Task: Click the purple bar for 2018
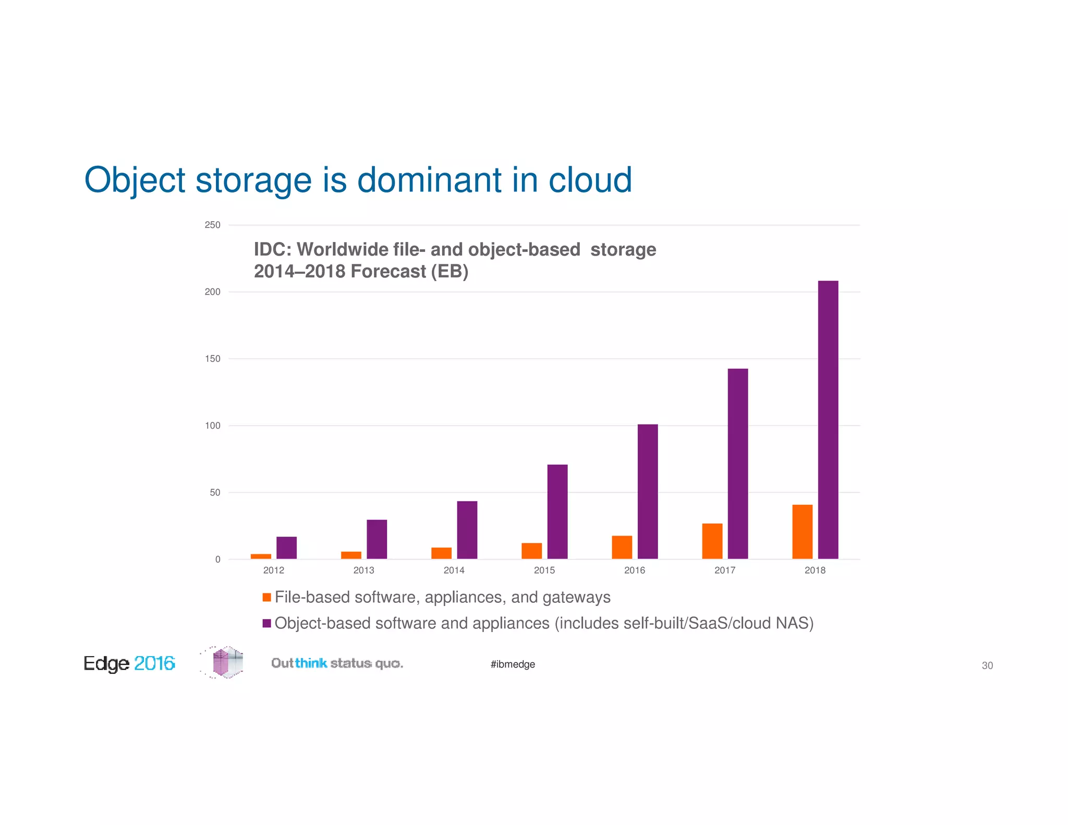828,420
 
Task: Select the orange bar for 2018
802,531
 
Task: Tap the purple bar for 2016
647,491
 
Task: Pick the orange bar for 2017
712,541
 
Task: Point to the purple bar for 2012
286,548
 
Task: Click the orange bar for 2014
441,553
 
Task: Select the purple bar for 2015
557,511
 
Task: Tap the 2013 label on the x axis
363,570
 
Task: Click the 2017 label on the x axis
724,570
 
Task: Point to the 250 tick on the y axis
212,225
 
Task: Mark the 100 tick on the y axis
212,426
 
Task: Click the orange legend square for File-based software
266,597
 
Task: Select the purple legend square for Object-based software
266,623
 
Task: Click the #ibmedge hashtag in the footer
513,664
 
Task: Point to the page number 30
987,665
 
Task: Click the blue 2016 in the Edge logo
154,663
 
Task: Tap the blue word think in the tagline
311,663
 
